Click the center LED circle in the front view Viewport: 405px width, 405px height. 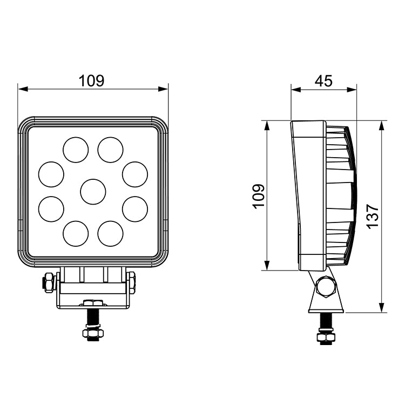pyautogui.click(x=93, y=191)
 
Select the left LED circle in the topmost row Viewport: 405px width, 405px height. pyautogui.click(x=76, y=149)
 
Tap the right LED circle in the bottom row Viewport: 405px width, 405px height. pyautogui.click(x=111, y=233)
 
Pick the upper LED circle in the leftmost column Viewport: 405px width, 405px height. pyautogui.click(x=51, y=174)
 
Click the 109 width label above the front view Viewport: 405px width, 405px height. pyautogui.click(x=91, y=81)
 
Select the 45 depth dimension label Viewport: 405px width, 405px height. pyautogui.click(x=323, y=81)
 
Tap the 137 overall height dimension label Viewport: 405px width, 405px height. pyautogui.click(x=373, y=217)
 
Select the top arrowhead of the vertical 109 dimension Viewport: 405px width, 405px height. pyautogui.click(x=267, y=125)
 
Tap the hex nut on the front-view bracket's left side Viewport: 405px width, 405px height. pyautogui.click(x=48, y=282)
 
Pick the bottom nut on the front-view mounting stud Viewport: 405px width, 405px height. pyautogui.click(x=92, y=334)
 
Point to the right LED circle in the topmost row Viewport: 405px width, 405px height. pyautogui.click(x=111, y=149)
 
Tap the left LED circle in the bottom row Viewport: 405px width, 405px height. pyautogui.click(x=76, y=233)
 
